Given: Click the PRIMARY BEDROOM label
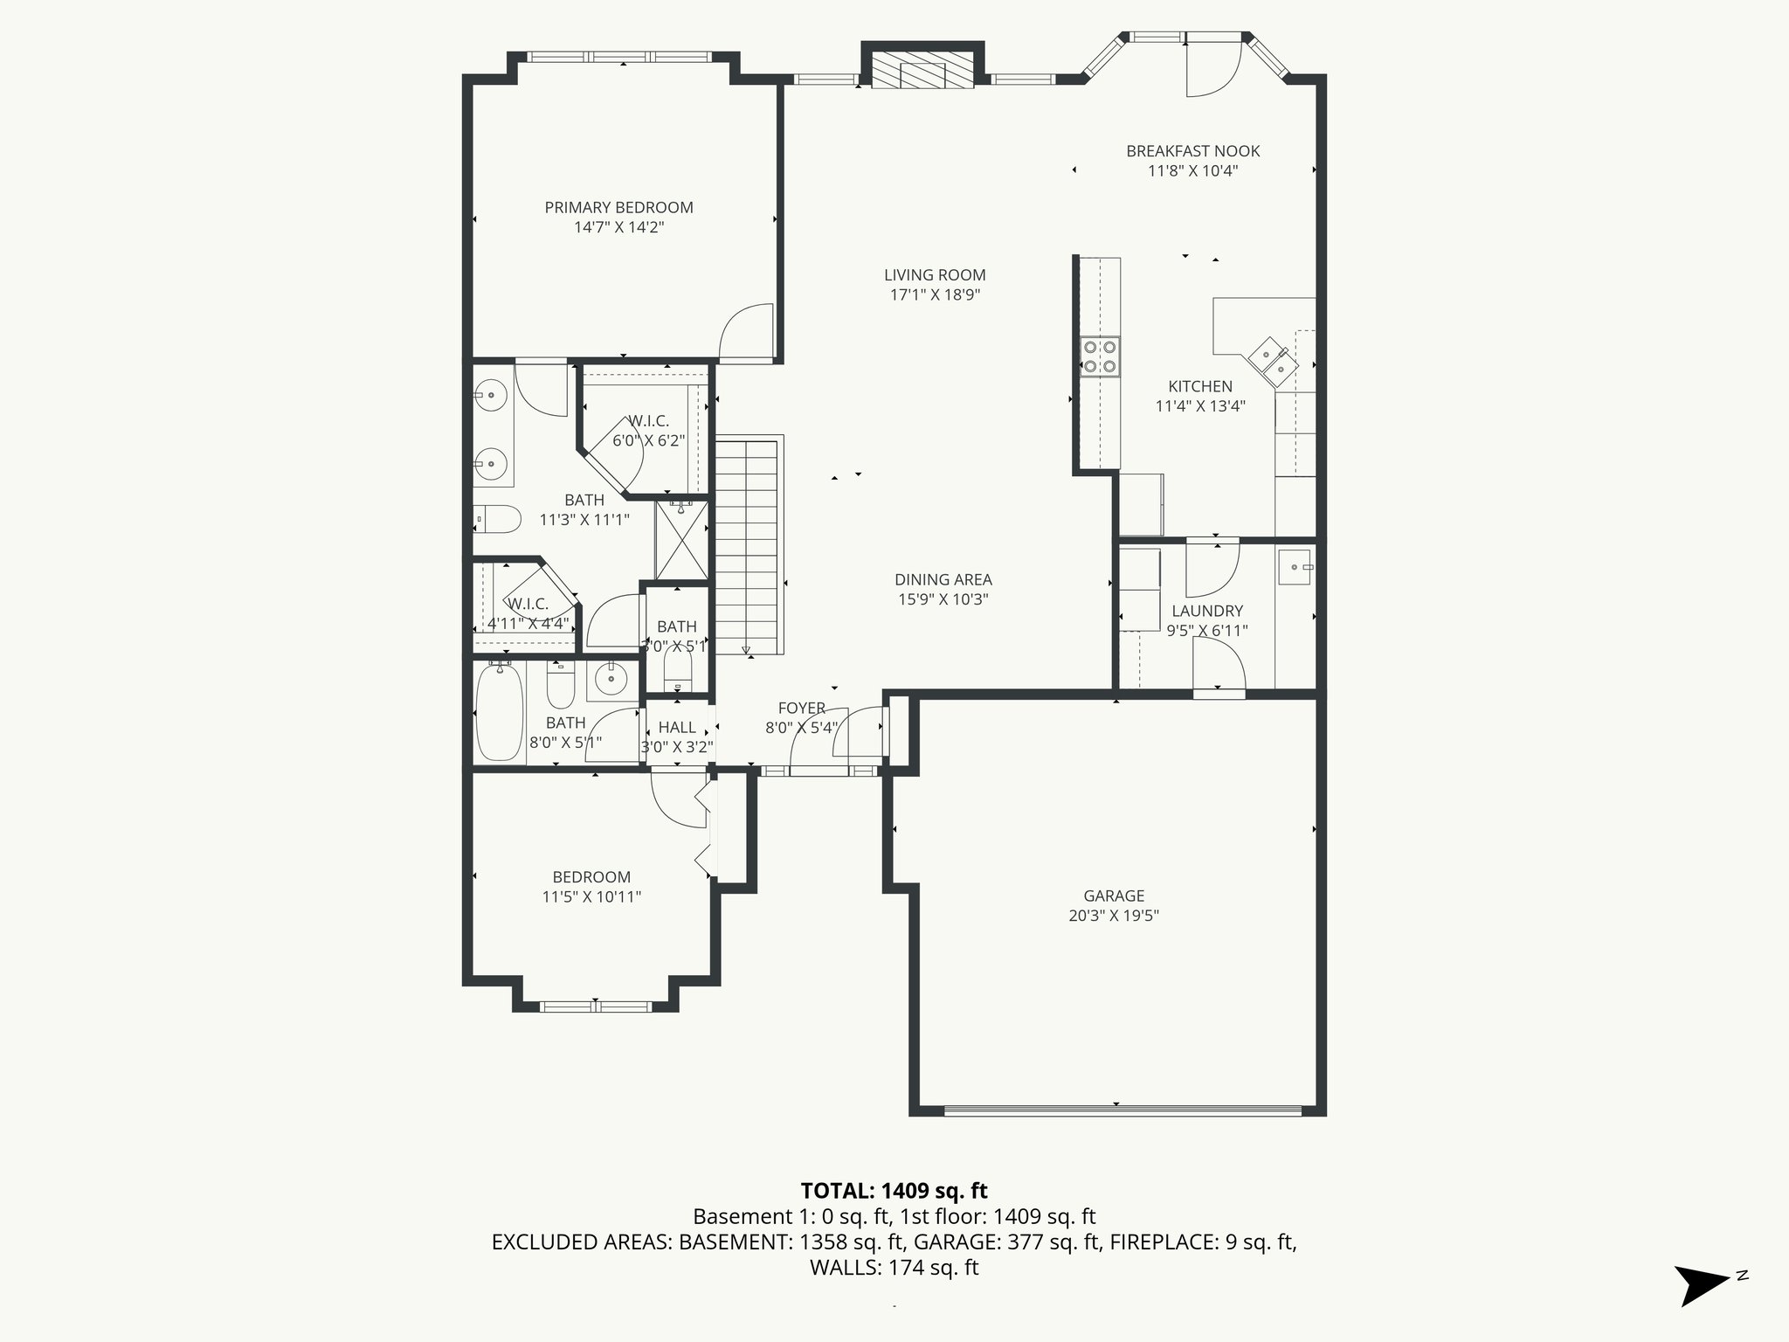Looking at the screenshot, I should (618, 207).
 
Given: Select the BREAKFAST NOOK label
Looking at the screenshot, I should (1192, 151).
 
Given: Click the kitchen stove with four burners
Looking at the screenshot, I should (1100, 356).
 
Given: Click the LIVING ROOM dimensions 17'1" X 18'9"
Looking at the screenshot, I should (935, 294).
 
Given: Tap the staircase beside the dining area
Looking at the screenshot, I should (747, 546).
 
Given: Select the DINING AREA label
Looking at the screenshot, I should (943, 579).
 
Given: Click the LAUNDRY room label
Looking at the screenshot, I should (1207, 611).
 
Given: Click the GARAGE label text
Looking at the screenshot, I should (1114, 896).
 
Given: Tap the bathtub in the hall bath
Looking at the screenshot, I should (500, 712).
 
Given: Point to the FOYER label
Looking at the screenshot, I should (801, 708).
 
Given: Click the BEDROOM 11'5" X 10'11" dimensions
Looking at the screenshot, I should (591, 896).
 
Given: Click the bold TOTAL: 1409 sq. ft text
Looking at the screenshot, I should (894, 1191).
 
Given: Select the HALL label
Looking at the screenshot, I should (677, 727).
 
